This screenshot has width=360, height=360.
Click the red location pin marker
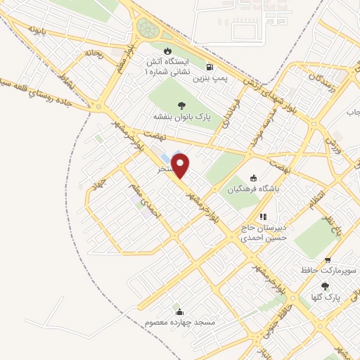(181, 165)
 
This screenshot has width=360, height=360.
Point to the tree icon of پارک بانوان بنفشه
(173, 105)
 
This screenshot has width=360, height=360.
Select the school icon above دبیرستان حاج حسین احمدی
(263, 217)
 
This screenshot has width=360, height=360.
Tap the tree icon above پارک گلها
(325, 286)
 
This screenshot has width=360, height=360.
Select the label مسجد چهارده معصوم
(178, 321)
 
